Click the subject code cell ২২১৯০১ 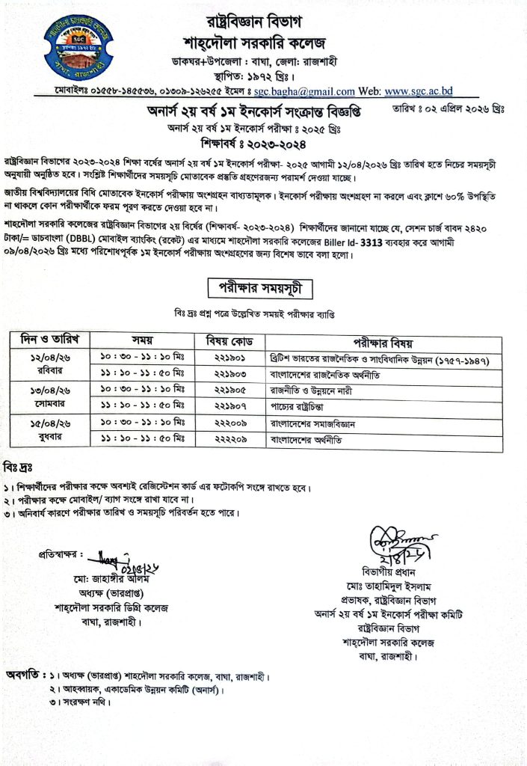coord(225,359)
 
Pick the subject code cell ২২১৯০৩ coord(225,374)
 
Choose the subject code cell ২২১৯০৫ coord(225,390)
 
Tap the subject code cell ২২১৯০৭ coord(225,405)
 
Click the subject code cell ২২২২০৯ coord(225,438)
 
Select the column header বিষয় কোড coord(225,341)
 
